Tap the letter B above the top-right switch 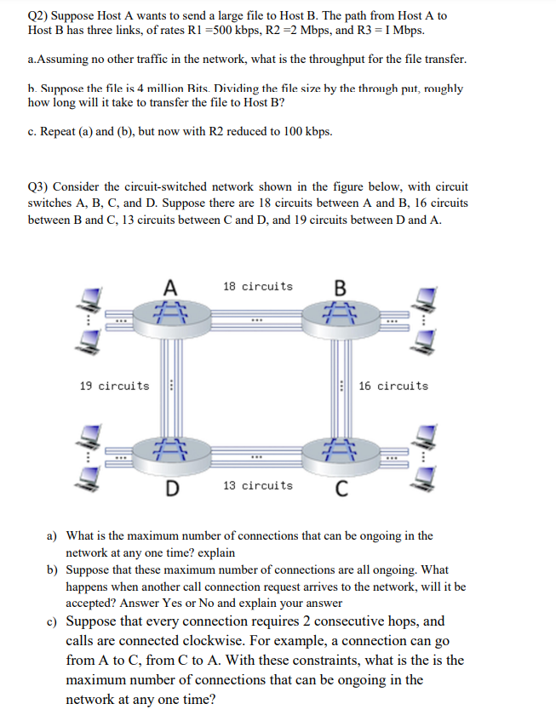click(x=341, y=287)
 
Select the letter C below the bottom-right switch click(x=341, y=488)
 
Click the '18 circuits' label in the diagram click(x=257, y=287)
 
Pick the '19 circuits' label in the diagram click(x=113, y=386)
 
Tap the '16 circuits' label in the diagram click(x=393, y=386)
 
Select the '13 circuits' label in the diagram click(x=257, y=486)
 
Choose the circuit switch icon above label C click(x=341, y=449)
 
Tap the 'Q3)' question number click(x=41, y=186)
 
